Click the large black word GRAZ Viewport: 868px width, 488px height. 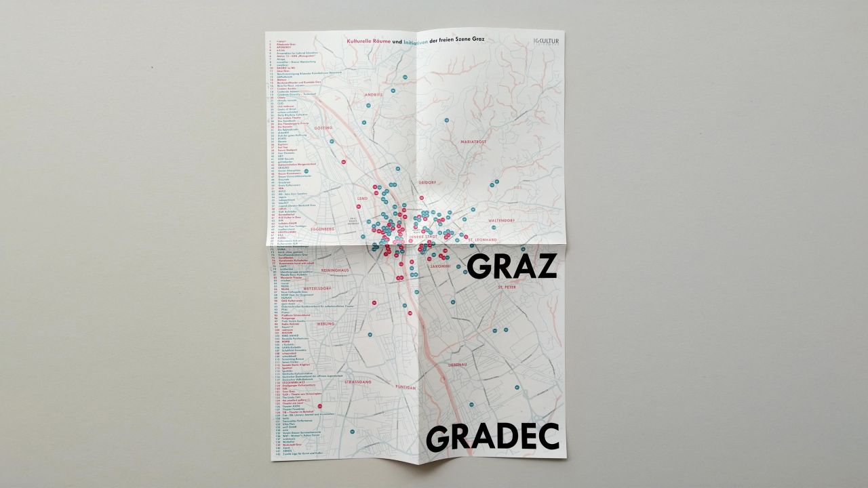pyautogui.click(x=512, y=266)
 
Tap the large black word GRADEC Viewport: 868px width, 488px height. pyautogui.click(x=493, y=437)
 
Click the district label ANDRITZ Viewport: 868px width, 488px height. pyautogui.click(x=374, y=95)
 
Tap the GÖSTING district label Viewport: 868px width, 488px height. pyautogui.click(x=323, y=127)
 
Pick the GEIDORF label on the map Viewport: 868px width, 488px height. pyautogui.click(x=427, y=182)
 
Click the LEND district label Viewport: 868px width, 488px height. pyautogui.click(x=362, y=198)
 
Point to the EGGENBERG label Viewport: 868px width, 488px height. pyautogui.click(x=322, y=229)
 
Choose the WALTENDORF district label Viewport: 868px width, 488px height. pyautogui.click(x=502, y=221)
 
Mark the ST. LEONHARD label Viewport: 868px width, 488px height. pyautogui.click(x=483, y=241)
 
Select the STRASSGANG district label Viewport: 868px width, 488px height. pyautogui.click(x=357, y=382)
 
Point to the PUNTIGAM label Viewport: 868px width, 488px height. pyautogui.click(x=405, y=387)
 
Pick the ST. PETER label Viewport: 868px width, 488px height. pyautogui.click(x=507, y=287)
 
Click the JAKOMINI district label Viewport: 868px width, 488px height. pyautogui.click(x=440, y=266)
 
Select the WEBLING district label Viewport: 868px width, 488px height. pyautogui.click(x=326, y=324)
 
